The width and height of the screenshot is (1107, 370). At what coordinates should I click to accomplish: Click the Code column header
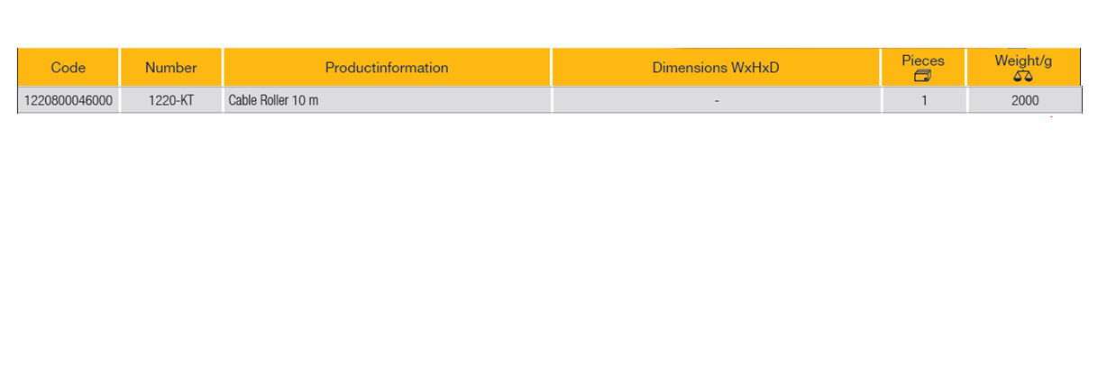point(69,68)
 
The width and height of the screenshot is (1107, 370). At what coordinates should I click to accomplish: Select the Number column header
point(171,68)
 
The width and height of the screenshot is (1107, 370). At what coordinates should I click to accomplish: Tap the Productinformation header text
point(387,68)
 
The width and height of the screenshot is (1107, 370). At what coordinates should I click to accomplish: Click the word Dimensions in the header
point(689,68)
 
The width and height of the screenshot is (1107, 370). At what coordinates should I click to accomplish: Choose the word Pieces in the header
point(923,60)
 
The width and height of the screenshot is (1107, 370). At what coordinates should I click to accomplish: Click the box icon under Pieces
point(923,76)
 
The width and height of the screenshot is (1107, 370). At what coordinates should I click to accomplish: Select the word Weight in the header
point(1016,60)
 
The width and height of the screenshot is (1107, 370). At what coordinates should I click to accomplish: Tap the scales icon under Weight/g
point(1023,76)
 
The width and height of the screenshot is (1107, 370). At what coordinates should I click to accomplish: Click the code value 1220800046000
point(69,100)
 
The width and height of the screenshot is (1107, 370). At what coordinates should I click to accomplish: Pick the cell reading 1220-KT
point(171,100)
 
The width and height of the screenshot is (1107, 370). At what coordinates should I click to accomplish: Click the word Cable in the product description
point(242,100)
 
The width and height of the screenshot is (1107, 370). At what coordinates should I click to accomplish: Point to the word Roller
point(274,100)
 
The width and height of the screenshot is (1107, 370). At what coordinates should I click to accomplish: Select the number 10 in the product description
point(298,100)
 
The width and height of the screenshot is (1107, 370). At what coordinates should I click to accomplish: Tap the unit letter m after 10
point(314,102)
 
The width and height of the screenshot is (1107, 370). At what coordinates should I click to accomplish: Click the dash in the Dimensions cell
point(717,101)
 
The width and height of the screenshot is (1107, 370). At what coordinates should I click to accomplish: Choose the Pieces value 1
point(924,100)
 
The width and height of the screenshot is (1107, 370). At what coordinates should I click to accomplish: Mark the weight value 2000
point(1025,100)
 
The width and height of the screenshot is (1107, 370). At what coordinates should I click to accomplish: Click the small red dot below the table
point(1051,116)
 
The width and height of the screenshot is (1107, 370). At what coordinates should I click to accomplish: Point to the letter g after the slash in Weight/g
point(1048,62)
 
